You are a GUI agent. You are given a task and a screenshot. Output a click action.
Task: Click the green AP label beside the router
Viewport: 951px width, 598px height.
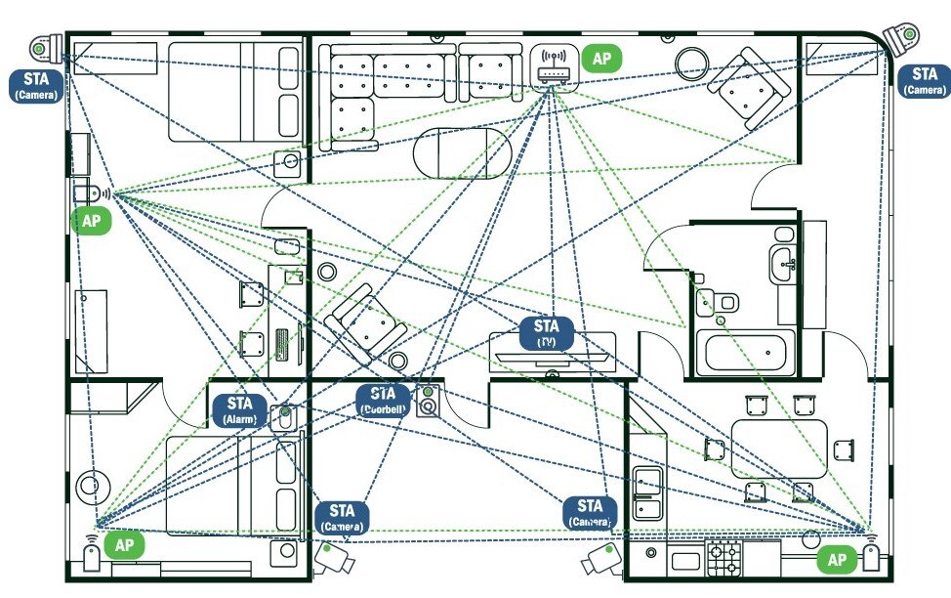(601, 59)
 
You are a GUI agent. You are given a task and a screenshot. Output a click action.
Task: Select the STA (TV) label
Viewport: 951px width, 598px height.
(547, 333)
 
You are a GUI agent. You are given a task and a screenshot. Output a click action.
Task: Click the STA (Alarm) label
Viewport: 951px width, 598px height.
(239, 409)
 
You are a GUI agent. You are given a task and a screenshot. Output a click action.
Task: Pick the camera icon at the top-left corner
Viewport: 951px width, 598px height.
(43, 46)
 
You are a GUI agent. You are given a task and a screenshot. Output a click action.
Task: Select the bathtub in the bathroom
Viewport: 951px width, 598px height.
(744, 351)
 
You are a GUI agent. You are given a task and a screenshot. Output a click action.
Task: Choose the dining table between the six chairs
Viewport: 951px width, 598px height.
(779, 448)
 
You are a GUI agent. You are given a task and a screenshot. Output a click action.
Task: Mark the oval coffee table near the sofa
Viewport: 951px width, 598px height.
(462, 153)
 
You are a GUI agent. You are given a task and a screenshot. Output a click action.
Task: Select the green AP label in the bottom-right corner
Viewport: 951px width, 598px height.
(837, 560)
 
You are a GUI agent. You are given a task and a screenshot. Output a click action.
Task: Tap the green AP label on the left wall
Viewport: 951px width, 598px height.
(91, 221)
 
